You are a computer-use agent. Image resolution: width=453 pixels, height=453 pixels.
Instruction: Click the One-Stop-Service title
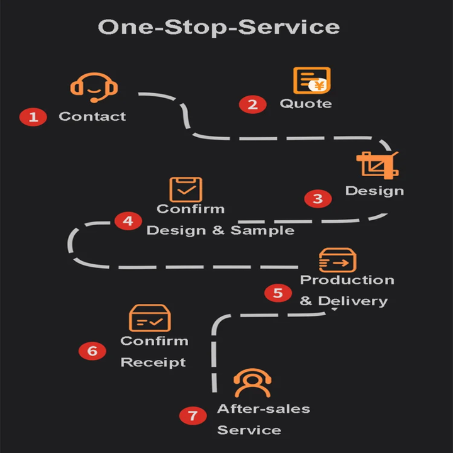[219, 27]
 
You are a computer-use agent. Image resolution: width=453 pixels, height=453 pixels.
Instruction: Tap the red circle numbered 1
[33, 116]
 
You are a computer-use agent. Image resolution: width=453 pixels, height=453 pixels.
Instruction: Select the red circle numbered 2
[252, 104]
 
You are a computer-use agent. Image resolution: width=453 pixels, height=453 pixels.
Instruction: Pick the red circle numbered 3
[318, 199]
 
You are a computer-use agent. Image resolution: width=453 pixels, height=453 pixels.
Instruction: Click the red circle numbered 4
[128, 221]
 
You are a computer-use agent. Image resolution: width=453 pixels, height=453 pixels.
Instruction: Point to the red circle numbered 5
[277, 293]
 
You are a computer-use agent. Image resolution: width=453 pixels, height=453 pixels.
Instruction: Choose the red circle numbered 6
[92, 351]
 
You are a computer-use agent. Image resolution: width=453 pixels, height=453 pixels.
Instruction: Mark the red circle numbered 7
[193, 416]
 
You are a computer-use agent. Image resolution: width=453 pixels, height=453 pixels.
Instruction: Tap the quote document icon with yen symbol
[311, 81]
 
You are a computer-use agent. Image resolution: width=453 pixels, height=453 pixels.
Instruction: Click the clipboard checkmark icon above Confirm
[186, 189]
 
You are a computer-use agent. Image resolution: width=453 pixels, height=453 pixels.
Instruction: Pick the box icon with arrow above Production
[337, 260]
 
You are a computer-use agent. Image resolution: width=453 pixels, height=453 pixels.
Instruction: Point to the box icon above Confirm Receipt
[149, 318]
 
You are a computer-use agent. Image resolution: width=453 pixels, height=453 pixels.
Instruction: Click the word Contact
[92, 116]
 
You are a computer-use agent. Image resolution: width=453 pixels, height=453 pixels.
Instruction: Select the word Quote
[306, 103]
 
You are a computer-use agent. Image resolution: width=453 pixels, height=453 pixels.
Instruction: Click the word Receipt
[153, 362]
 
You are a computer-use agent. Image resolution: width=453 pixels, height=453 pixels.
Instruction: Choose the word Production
[347, 280]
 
